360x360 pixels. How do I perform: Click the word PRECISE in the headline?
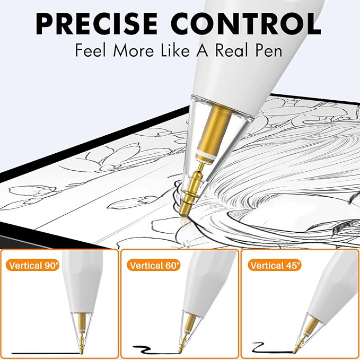coord(97,24)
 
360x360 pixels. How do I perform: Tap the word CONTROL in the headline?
coord(245,24)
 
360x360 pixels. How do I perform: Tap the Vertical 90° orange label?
coord(33,265)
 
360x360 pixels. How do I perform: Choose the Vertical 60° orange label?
coord(154,265)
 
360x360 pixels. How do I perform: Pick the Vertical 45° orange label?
coord(275,265)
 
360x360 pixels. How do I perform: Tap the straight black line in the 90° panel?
coord(46,353)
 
